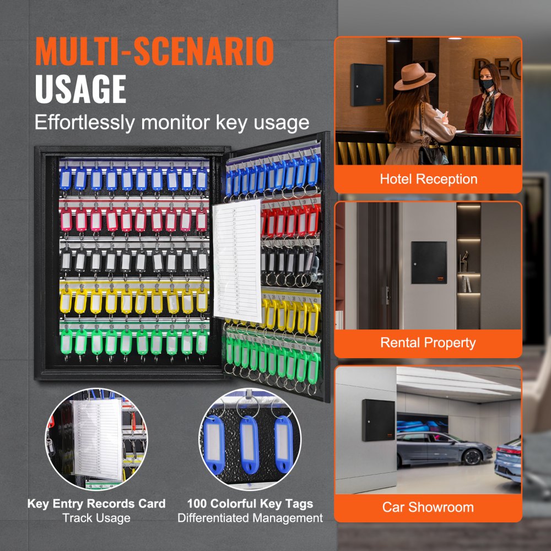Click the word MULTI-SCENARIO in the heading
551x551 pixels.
(x=154, y=52)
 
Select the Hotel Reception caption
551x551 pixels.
(x=428, y=179)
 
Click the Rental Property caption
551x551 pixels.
(x=428, y=343)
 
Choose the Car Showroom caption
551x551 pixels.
(x=428, y=507)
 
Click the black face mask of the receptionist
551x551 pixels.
(x=486, y=84)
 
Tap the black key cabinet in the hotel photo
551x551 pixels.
(x=368, y=84)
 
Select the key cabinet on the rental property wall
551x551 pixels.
(x=429, y=262)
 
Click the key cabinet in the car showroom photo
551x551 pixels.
(x=379, y=420)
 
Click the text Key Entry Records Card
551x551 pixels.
(x=96, y=504)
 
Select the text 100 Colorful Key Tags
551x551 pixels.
(x=250, y=504)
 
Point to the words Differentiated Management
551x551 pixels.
(x=250, y=518)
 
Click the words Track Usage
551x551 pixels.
(x=96, y=518)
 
